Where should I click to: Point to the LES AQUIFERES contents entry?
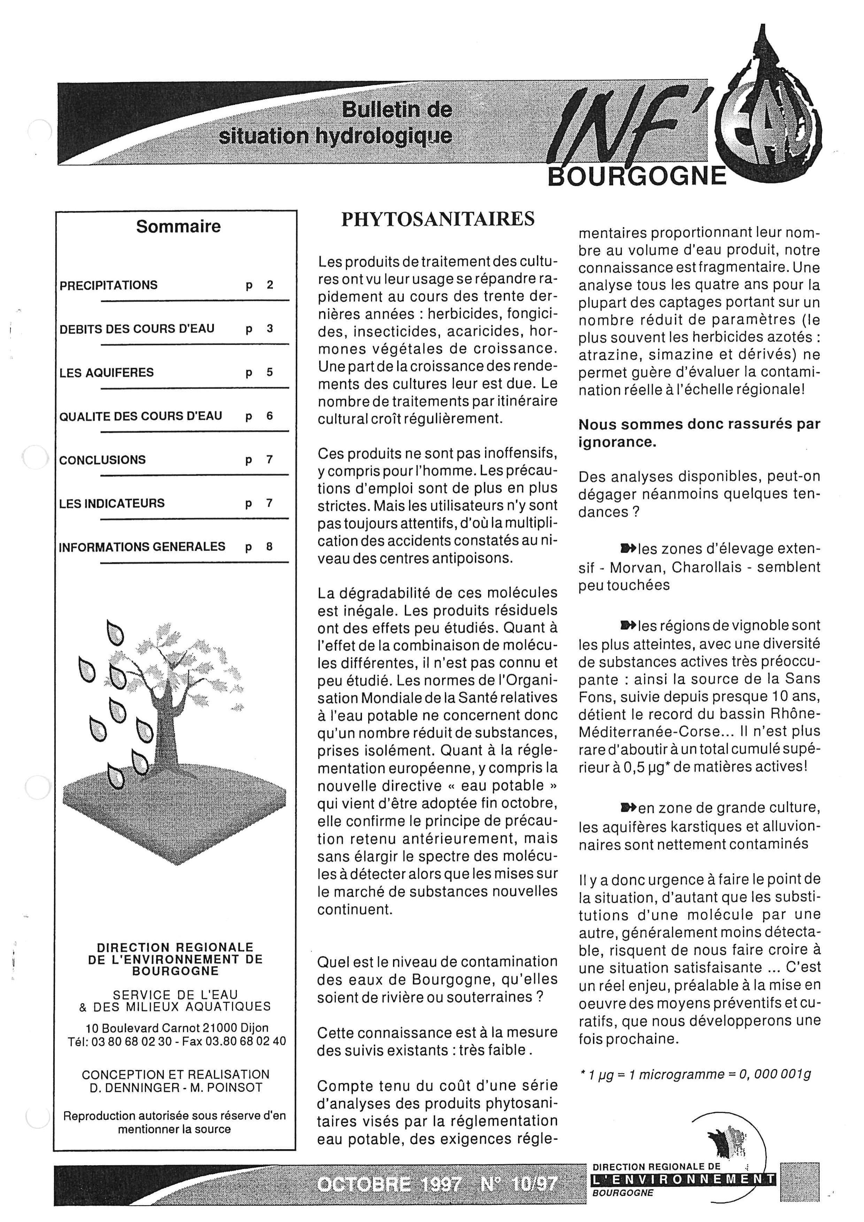point(106,372)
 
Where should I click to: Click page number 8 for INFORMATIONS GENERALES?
point(270,547)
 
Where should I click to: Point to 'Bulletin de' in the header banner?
point(396,110)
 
